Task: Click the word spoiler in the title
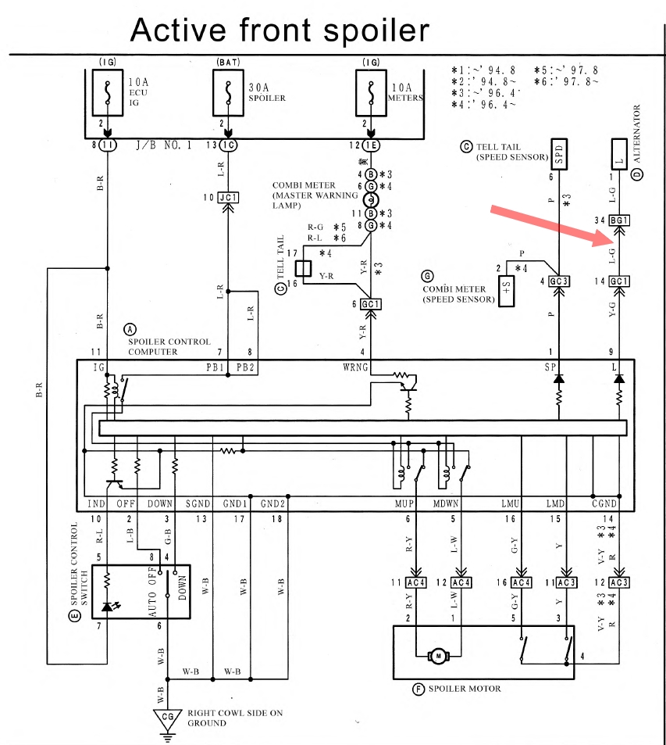point(371,30)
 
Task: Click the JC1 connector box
point(227,197)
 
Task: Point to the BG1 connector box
point(619,220)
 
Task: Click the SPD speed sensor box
point(559,152)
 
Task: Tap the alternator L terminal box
point(619,152)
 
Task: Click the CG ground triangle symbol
point(167,715)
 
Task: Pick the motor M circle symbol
point(438,655)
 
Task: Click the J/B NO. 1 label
point(163,145)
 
